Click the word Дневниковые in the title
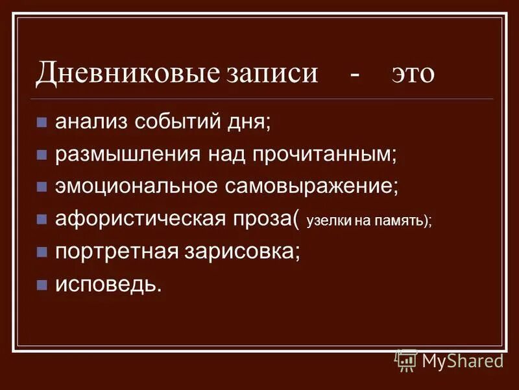pos(128,73)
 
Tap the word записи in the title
pos(272,73)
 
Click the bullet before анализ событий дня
pos(42,122)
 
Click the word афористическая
pos(139,218)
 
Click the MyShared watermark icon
pos(406,359)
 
